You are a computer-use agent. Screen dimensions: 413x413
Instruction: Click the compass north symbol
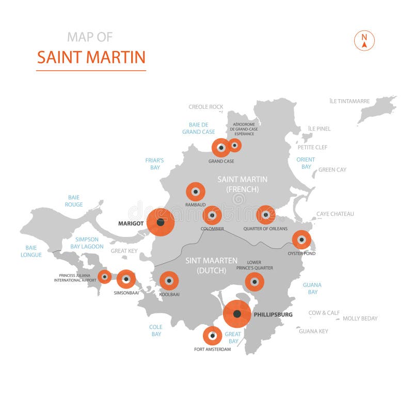tap(364, 41)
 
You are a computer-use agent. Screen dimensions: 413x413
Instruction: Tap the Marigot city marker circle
tap(161, 223)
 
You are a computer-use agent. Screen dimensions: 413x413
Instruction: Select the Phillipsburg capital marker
tap(237, 314)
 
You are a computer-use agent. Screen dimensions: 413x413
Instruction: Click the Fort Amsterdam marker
tap(212, 336)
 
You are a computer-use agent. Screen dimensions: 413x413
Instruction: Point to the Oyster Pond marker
tap(301, 240)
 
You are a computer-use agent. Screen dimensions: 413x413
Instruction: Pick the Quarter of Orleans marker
tap(266, 215)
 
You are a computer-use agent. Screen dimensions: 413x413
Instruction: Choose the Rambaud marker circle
tap(196, 192)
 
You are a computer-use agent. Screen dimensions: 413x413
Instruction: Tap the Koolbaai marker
tap(169, 281)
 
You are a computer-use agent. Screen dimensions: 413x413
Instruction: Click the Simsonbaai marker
tap(126, 279)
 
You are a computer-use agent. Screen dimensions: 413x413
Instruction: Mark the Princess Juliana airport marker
tap(105, 277)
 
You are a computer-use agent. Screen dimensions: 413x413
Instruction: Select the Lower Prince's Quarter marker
tap(254, 282)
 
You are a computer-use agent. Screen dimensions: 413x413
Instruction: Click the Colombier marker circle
tap(212, 215)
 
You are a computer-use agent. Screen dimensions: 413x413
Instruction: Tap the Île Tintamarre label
tap(350, 101)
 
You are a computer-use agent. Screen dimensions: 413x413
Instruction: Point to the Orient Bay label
tap(306, 163)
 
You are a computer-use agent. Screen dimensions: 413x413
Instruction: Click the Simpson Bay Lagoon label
tap(90, 243)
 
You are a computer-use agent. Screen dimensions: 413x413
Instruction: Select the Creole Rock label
tap(206, 107)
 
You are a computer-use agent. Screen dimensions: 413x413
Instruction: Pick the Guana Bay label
tap(312, 288)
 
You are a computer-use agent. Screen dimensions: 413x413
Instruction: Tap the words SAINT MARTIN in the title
tap(91, 57)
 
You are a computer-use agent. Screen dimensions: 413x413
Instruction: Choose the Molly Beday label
tap(360, 319)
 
